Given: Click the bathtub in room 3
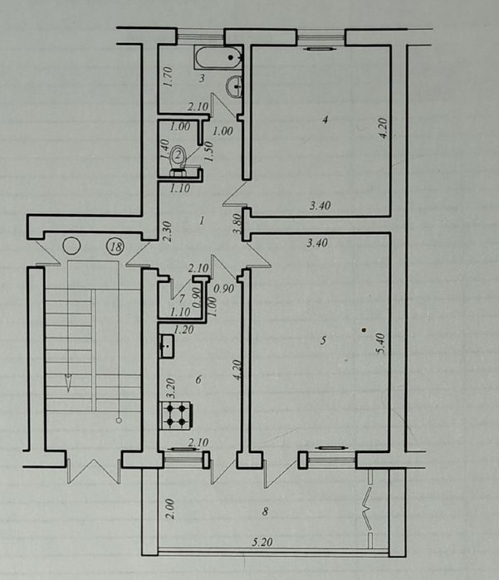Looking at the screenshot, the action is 218,58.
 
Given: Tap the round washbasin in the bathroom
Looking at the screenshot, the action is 234,86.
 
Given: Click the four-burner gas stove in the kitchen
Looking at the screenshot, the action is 176,415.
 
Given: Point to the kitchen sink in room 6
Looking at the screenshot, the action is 167,346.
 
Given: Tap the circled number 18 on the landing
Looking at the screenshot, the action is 115,246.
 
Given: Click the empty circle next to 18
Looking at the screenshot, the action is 71,246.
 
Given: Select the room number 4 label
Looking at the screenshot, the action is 325,119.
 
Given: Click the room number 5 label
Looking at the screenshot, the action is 323,340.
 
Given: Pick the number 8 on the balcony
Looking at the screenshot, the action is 265,512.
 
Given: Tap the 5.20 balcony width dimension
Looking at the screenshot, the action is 262,543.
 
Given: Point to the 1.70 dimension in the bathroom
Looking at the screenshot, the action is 168,76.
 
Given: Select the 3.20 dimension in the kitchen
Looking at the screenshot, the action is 171,388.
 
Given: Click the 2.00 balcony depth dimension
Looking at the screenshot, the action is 169,509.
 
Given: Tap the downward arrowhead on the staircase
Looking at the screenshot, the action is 68,383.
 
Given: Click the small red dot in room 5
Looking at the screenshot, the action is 364,329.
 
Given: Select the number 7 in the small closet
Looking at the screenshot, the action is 182,298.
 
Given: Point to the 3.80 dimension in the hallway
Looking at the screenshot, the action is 238,225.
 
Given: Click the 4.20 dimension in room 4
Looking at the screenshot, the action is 383,128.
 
